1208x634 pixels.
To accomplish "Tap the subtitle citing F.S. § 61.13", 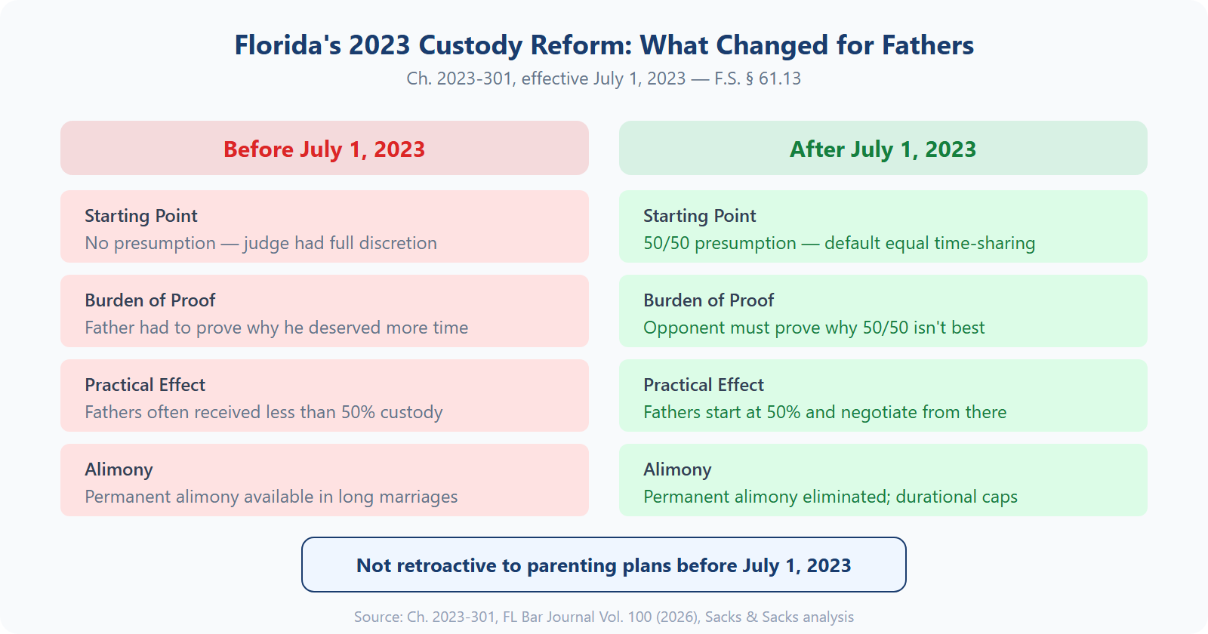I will coord(603,78).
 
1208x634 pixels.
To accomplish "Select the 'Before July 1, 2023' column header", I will coord(324,149).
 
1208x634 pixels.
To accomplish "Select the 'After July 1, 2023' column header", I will coord(883,149).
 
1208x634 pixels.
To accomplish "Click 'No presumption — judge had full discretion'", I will coord(260,243).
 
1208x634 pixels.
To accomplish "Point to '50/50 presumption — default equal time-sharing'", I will coord(839,243).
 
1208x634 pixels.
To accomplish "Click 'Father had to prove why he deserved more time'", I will coord(276,328).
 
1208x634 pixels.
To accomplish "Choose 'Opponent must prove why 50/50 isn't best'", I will coord(814,328).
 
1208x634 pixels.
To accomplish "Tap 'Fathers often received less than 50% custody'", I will coord(263,412).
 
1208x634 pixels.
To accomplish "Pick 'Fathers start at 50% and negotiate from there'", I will coord(824,412).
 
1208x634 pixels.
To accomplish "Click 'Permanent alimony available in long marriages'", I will coord(271,497).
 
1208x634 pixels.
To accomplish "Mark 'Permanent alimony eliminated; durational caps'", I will coord(830,497).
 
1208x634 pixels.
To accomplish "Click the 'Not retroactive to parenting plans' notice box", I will coord(603,565).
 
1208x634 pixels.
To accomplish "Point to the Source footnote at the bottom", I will coord(603,617).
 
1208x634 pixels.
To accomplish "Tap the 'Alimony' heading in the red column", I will coord(119,469).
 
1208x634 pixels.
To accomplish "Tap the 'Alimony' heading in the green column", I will coord(677,469).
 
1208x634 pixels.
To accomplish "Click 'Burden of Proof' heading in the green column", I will coord(708,300).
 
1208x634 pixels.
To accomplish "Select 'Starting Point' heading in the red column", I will coord(140,216).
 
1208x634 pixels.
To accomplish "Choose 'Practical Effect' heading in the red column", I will coord(145,385).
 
